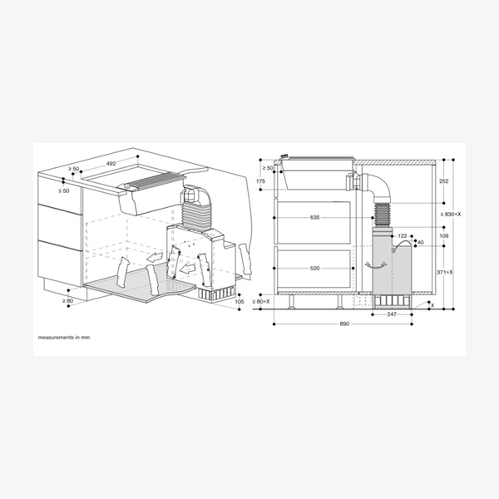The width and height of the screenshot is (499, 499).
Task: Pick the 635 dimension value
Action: pos(314,217)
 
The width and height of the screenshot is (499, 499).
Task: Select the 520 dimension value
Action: pos(314,269)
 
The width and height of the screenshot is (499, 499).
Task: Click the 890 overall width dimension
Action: pos(344,323)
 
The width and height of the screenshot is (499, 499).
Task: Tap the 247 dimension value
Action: pos(391,314)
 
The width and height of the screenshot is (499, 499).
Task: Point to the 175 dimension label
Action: pos(261,180)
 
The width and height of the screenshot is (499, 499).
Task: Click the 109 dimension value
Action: pos(443,237)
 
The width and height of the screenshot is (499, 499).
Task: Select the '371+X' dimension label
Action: pos(447,272)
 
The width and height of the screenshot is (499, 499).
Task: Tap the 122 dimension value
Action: pos(403,236)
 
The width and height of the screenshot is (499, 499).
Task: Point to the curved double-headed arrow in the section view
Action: pos(374,264)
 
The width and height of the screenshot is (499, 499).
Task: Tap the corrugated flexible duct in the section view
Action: pos(383,215)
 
